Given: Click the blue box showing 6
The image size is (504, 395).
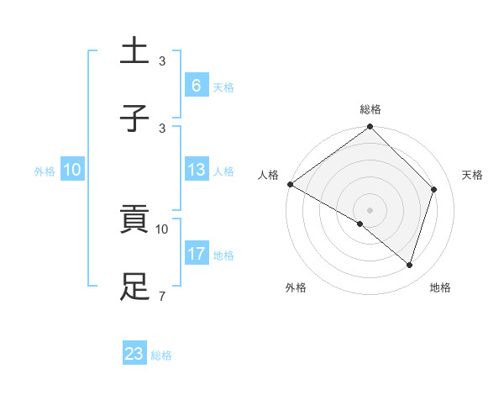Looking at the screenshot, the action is pyautogui.click(x=196, y=86).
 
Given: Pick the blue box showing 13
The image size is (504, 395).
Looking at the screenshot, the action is pyautogui.click(x=196, y=170).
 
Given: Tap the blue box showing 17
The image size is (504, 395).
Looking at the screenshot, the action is pyautogui.click(x=196, y=254).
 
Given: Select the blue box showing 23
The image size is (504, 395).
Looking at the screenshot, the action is pyautogui.click(x=134, y=354).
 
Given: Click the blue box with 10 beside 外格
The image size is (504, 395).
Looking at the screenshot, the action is pyautogui.click(x=72, y=170).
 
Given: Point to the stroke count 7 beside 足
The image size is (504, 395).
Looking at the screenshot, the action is pyautogui.click(x=161, y=296).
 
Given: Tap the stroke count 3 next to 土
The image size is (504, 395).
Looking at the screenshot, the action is pyautogui.click(x=161, y=61).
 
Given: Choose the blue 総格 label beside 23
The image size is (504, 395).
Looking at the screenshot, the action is pyautogui.click(x=161, y=355).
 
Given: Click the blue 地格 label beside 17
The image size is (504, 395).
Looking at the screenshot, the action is pyautogui.click(x=223, y=255).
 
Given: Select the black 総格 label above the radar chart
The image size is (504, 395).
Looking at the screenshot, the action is pyautogui.click(x=370, y=109).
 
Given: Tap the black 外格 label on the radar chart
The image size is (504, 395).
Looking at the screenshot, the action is pyautogui.click(x=296, y=287).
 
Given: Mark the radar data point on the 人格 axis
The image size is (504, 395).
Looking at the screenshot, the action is pyautogui.click(x=290, y=184).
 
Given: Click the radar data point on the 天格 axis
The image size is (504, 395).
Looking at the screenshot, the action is pyautogui.click(x=434, y=189).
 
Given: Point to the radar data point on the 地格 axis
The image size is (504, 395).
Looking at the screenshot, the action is pyautogui.click(x=409, y=265).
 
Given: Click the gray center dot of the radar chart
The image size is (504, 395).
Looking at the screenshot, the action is pyautogui.click(x=370, y=209).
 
